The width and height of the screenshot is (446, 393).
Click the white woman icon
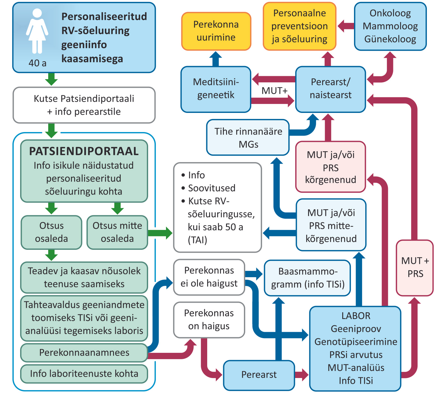tap(37, 31)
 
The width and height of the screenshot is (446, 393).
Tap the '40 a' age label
tap(37, 63)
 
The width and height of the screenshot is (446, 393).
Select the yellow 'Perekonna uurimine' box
tap(216, 31)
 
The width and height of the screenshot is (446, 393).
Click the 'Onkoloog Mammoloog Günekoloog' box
tap(390, 26)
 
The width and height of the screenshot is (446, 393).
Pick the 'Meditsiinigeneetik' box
tap(216, 89)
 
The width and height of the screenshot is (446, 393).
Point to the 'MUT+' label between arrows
tap(274, 91)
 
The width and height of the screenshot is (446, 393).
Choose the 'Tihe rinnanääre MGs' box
tap(248, 137)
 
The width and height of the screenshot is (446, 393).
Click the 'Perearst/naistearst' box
tap(330, 89)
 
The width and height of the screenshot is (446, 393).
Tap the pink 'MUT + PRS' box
tap(415, 267)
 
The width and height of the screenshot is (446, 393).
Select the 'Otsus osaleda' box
tap(51, 232)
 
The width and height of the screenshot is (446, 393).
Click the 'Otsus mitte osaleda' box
tap(117, 232)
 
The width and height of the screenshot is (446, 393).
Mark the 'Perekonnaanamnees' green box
tap(84, 352)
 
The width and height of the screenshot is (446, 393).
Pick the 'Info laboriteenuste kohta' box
tap(84, 374)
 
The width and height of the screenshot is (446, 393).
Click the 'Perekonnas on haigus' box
tap(209, 320)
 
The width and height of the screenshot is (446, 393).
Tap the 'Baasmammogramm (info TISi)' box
tap(307, 278)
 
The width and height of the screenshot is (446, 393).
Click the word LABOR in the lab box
tap(356, 316)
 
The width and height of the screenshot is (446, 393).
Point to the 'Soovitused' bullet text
tap(211, 188)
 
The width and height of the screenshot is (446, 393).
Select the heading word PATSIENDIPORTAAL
tap(84, 151)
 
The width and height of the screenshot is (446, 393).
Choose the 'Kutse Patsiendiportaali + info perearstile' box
tap(84, 105)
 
